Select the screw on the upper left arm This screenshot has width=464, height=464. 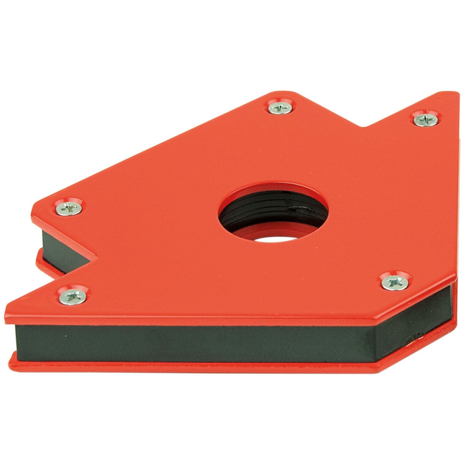pyautogui.click(x=69, y=209)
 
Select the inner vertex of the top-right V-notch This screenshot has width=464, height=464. pyautogui.click(x=364, y=127)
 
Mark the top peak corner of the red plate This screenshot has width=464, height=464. pyautogui.click(x=273, y=93)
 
